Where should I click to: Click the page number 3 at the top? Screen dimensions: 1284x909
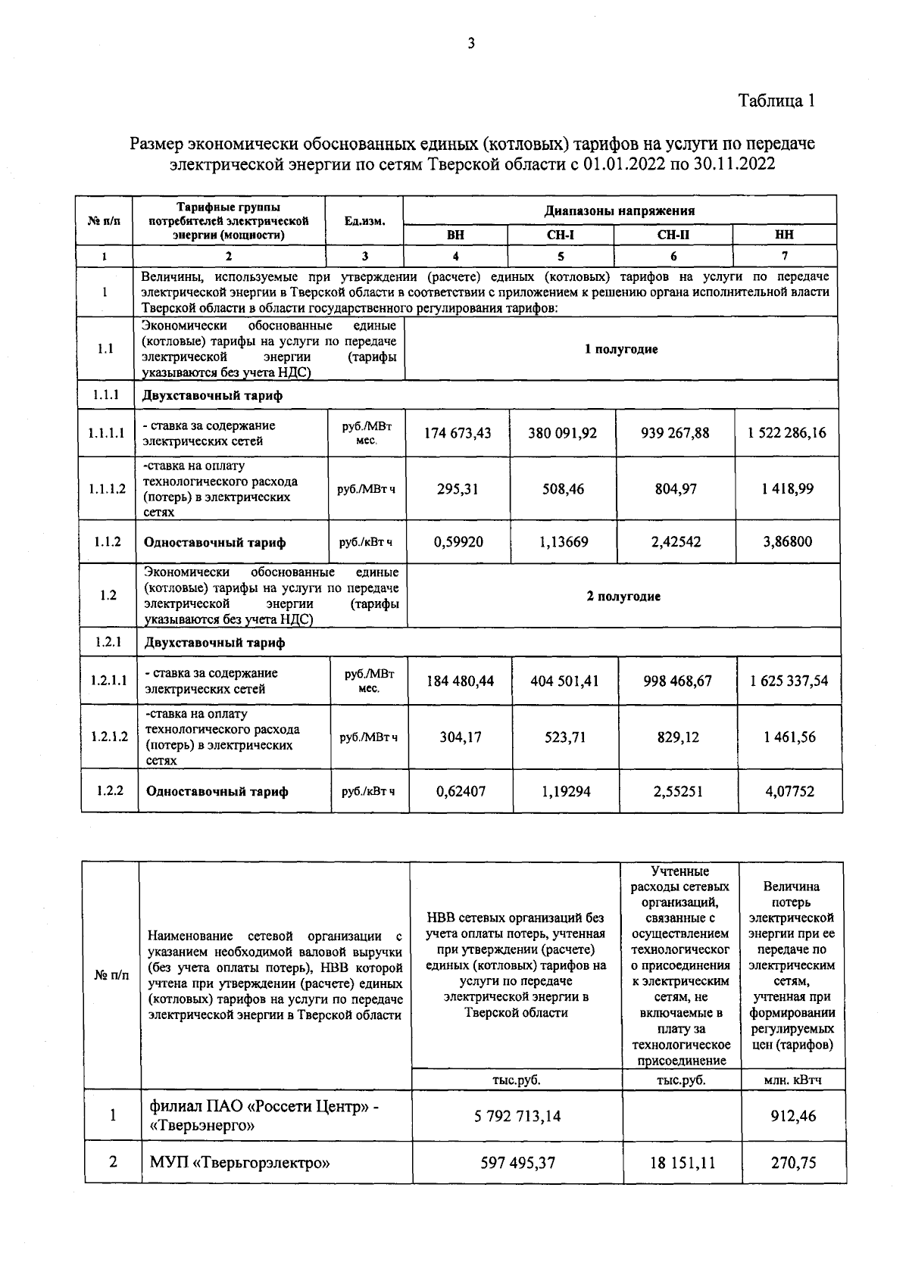(x=470, y=44)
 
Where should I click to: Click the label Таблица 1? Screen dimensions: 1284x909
(x=776, y=101)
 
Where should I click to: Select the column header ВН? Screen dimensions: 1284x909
(x=455, y=235)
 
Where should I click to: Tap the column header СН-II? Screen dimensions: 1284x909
(x=673, y=235)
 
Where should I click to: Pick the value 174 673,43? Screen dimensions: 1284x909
(x=458, y=433)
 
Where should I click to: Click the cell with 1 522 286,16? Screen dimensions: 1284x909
(x=786, y=433)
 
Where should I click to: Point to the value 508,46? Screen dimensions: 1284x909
(x=563, y=488)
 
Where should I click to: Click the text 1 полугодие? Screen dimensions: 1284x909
(x=621, y=349)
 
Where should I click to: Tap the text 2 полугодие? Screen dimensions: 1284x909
(x=623, y=597)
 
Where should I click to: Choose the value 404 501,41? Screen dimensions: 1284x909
(x=565, y=681)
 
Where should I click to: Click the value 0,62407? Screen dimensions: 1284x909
(x=461, y=791)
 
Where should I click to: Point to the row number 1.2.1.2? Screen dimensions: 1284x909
(x=109, y=737)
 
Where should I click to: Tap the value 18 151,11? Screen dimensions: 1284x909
(x=682, y=1162)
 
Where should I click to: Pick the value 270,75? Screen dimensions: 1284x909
(x=793, y=1162)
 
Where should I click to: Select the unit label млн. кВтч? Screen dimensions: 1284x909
(x=793, y=1080)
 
